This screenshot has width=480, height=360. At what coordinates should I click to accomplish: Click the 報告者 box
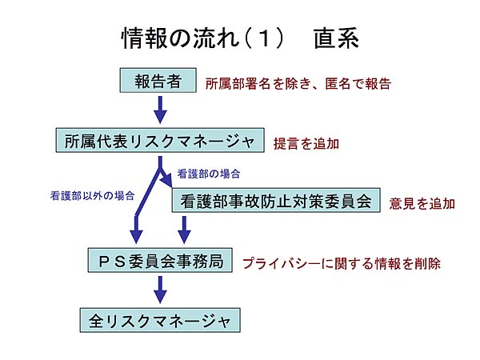coord(158,80)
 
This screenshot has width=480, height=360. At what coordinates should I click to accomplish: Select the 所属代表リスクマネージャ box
coord(160,140)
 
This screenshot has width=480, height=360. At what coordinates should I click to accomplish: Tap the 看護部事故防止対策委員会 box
coord(276,200)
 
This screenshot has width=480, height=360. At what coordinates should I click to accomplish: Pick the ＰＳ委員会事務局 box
coord(160,260)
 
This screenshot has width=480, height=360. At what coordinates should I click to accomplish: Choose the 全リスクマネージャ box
coord(160,320)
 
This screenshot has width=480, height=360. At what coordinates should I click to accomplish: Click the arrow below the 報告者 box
coord(160,110)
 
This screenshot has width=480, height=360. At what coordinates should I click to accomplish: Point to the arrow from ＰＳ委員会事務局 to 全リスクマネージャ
coord(160,290)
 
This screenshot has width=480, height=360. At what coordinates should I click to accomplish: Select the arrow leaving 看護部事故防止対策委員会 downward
coord(184,230)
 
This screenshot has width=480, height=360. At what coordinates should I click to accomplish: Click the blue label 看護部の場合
coord(209,174)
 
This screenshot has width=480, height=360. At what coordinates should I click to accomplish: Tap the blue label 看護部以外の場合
coord(93,196)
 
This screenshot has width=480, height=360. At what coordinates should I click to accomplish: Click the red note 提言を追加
coord(306,143)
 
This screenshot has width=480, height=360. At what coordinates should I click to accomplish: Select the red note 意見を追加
coord(422,203)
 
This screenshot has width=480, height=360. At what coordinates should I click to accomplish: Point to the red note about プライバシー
coord(342,263)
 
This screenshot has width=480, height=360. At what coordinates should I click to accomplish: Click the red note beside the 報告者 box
coord(298,83)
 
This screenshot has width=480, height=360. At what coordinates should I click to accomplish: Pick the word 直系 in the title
coord(336,38)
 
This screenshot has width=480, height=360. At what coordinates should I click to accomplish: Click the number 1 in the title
coord(265,38)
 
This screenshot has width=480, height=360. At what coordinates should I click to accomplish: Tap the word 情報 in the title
coord(144,38)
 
